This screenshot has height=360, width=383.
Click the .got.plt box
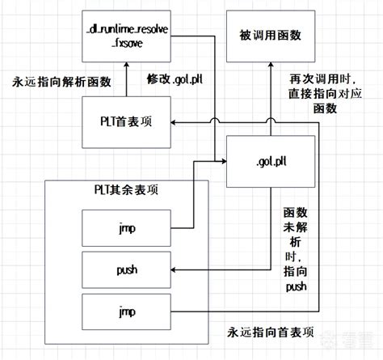pos(267,161)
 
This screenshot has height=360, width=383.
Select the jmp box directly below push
pos(125,309)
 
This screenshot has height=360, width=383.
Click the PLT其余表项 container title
pos(125,189)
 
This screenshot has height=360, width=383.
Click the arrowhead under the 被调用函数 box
pos(267,69)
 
